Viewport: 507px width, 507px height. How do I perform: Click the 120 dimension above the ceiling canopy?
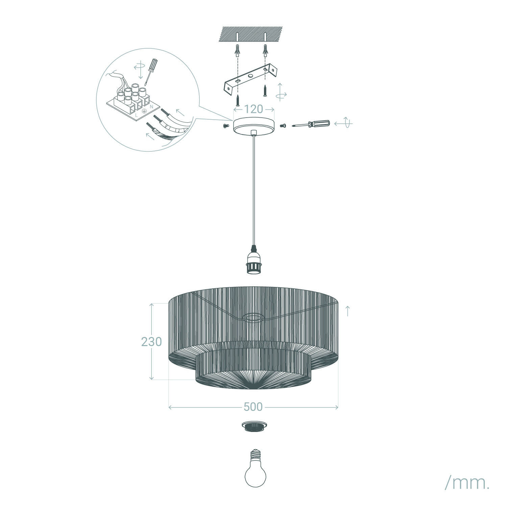point(254,109)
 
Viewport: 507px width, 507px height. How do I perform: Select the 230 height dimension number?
point(151,342)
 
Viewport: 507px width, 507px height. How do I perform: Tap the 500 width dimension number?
point(253,407)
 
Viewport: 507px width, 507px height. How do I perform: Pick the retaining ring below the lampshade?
point(255,426)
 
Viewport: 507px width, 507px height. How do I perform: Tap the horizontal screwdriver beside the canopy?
point(311,124)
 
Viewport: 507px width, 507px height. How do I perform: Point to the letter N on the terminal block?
point(151,106)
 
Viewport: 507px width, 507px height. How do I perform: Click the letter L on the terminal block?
point(136,115)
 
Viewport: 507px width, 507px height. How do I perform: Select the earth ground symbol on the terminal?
point(143,111)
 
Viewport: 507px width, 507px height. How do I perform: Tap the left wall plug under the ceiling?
point(238,52)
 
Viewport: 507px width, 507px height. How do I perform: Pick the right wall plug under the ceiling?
point(265,52)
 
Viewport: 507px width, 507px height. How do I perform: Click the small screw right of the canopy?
point(283,125)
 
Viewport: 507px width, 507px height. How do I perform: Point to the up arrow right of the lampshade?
point(348,311)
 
